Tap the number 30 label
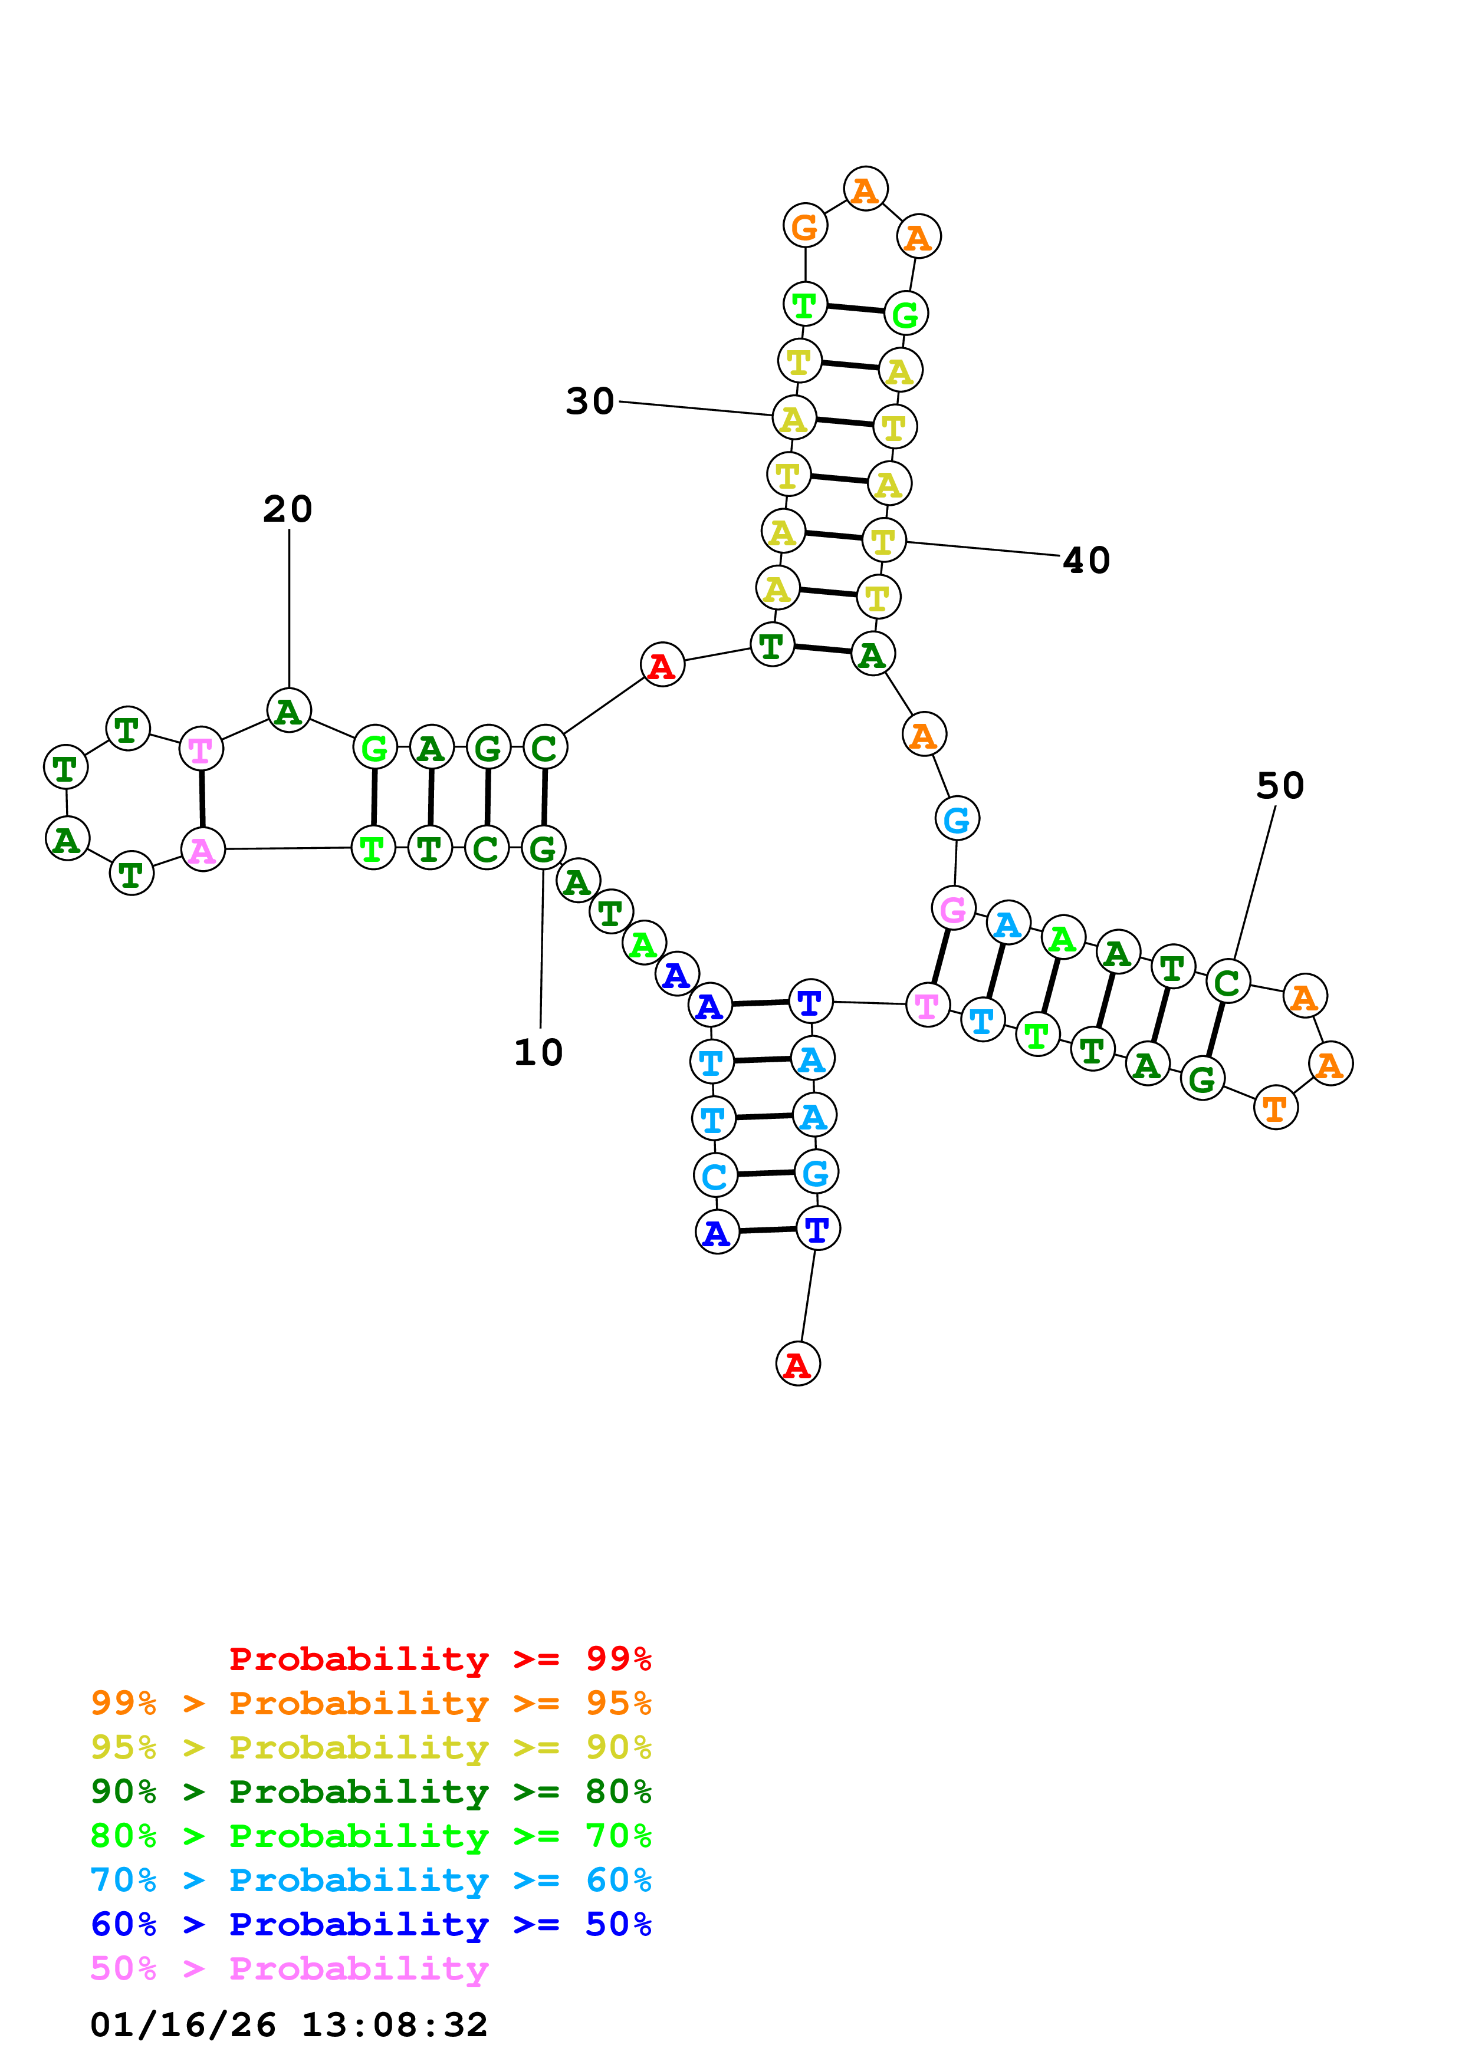coord(590,401)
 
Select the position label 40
coord(1086,561)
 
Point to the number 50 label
coord(1280,786)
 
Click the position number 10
coord(538,1053)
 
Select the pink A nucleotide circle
coord(203,849)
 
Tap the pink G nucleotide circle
coord(953,909)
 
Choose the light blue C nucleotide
coord(715,1175)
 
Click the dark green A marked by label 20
coord(289,712)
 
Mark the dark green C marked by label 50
coord(1228,982)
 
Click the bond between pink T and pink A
coord(202,799)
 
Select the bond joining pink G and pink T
coord(941,957)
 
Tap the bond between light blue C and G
coord(765,1174)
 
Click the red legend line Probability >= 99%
coord(439,1659)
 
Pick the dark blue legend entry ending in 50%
coord(371,1925)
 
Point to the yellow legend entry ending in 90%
coord(371,1747)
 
